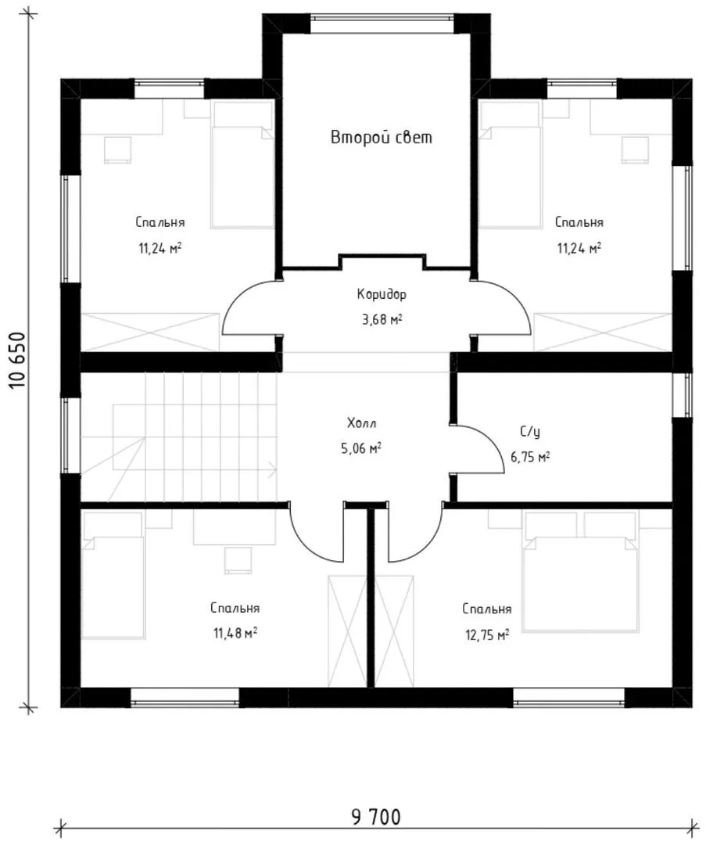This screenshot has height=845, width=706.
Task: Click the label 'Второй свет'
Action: (x=382, y=138)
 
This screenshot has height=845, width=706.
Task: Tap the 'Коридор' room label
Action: (x=382, y=294)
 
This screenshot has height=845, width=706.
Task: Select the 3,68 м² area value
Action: (x=382, y=319)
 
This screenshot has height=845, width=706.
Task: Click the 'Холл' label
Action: (x=361, y=423)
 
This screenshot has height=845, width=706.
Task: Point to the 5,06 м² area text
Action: (x=361, y=448)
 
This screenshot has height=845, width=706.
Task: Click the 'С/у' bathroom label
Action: (x=530, y=432)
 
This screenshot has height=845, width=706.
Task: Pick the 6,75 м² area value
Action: (x=530, y=457)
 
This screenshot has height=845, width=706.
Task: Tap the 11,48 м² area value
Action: (x=235, y=633)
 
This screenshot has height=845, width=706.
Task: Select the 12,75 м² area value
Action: (x=487, y=635)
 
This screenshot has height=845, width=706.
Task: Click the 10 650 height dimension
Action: (x=17, y=360)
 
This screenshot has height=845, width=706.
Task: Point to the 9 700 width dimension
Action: (x=376, y=817)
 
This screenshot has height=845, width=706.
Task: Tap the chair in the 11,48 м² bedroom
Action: (x=238, y=560)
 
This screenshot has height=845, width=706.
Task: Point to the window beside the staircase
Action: (x=66, y=436)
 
